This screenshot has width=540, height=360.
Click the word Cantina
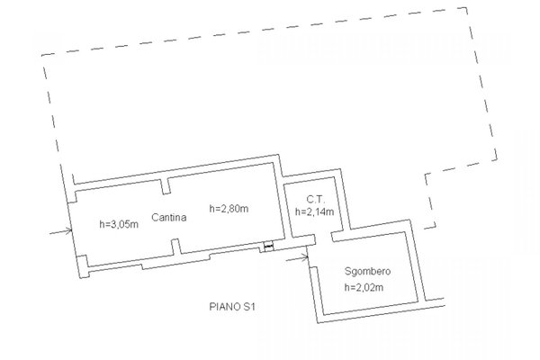coord(169,218)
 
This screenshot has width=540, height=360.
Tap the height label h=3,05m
coord(119,224)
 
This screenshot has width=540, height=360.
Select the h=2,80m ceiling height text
coord(229,209)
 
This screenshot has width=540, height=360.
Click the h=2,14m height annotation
coord(314,211)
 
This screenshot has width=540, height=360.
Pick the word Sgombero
coord(368,271)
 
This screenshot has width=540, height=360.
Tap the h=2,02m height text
coord(364,287)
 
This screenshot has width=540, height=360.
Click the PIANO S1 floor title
coord(232,306)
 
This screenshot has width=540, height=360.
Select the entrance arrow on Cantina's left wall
coord(61,232)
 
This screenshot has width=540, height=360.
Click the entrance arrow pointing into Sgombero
coord(297,257)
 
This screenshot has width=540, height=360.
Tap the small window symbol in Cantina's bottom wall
coord(268,246)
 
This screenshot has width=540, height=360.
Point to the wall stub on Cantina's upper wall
coord(166,186)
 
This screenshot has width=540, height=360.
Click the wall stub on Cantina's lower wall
coord(176,247)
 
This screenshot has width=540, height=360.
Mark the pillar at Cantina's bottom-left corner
coord(83,266)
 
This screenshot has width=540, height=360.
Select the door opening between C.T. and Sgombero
coord(324,238)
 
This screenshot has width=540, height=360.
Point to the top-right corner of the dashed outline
coord(467,7)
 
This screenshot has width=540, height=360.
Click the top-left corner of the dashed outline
coord(42,55)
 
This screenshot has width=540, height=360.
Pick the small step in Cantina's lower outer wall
coord(142,266)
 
